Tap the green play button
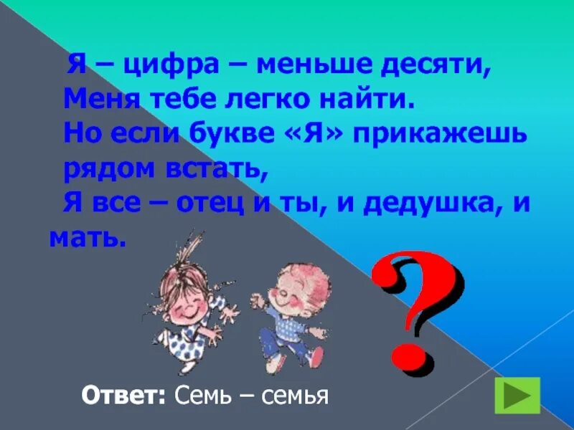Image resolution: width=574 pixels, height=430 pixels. [517, 395]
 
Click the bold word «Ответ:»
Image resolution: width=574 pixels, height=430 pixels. [123, 395]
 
